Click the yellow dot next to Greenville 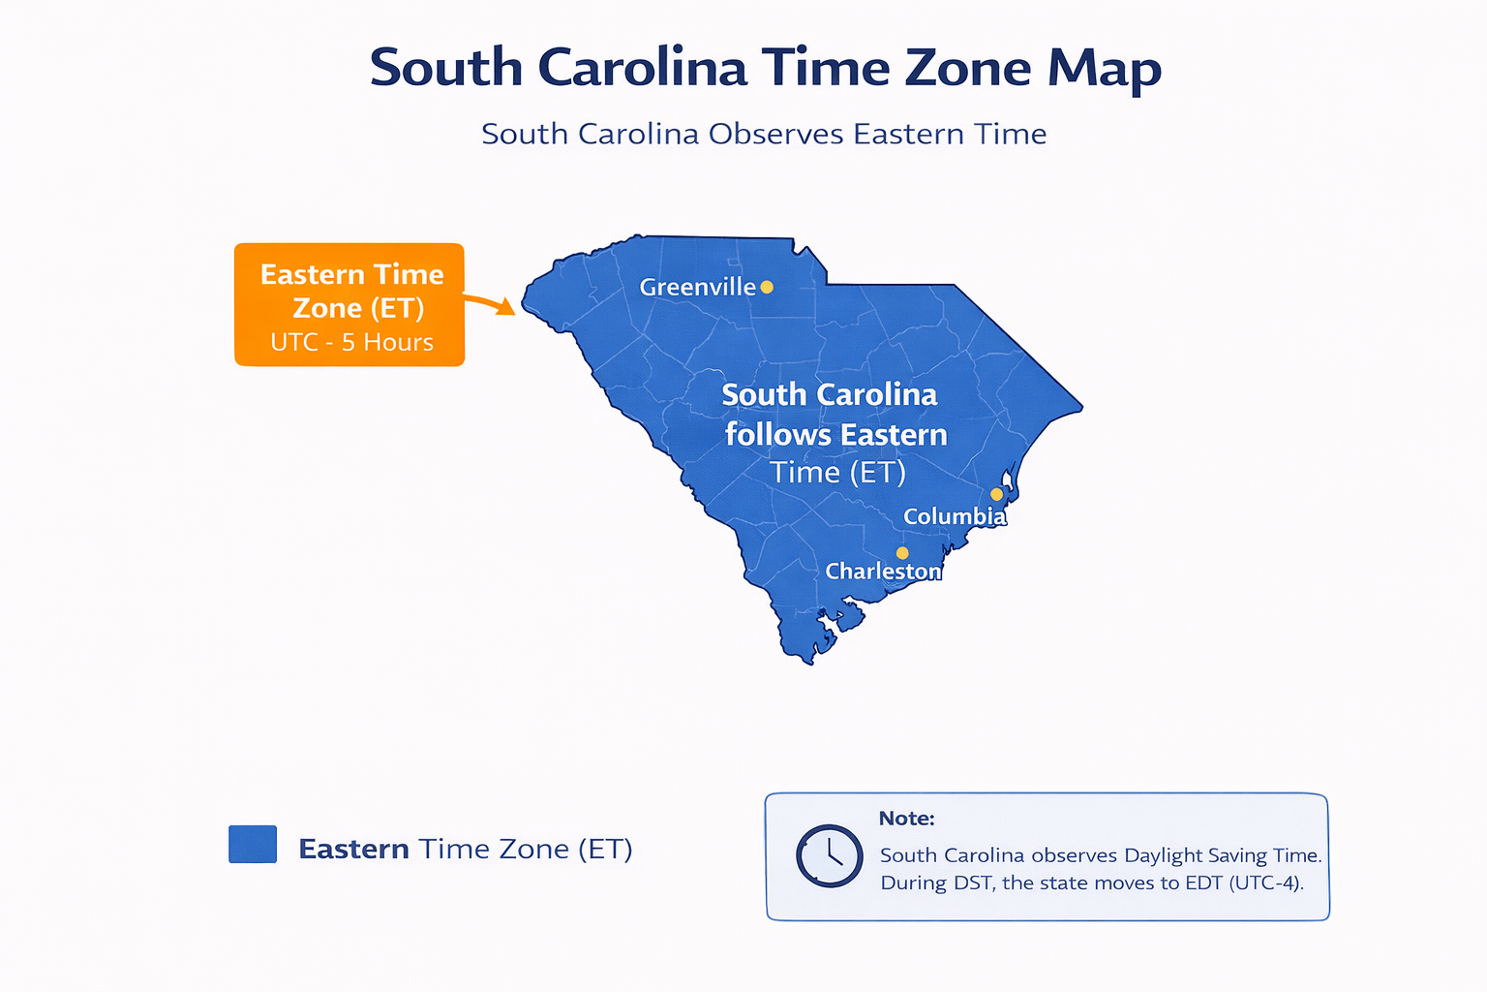(767, 287)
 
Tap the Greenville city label (697, 287)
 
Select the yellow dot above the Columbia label (996, 494)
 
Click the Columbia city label (955, 516)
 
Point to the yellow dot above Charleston (902, 553)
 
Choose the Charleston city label (883, 572)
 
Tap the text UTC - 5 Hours (351, 342)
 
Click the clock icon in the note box (829, 856)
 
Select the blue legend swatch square (253, 844)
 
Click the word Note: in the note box (906, 819)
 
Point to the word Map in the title (1104, 70)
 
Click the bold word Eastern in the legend (353, 849)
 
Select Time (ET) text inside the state (837, 473)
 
